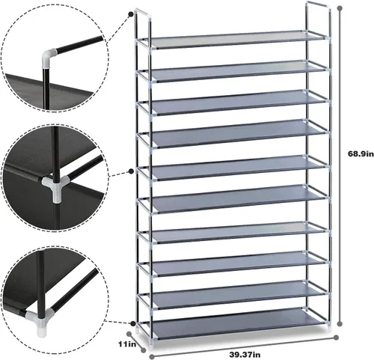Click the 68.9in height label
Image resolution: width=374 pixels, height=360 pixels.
pyautogui.click(x=361, y=154)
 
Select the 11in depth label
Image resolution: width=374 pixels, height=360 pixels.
pyautogui.click(x=127, y=344)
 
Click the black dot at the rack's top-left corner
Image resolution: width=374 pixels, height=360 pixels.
pyautogui.click(x=131, y=14)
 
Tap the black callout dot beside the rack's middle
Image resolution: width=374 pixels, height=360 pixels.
pyautogui.click(x=131, y=171)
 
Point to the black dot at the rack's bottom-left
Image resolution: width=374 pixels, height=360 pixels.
pyautogui.click(x=133, y=324)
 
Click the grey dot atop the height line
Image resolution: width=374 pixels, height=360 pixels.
pyautogui.click(x=340, y=8)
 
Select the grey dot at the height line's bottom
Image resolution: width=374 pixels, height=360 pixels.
pyautogui.click(x=340, y=324)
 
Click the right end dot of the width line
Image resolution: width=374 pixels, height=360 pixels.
pyautogui.click(x=336, y=338)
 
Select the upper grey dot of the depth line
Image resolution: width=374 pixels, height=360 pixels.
pyautogui.click(x=129, y=334)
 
